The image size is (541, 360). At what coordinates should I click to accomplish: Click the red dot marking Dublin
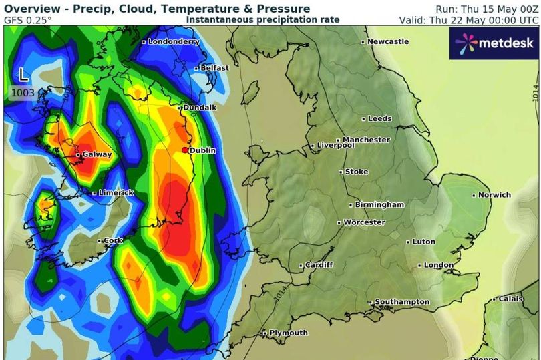[186, 150]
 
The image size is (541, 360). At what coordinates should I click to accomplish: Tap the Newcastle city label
[387, 41]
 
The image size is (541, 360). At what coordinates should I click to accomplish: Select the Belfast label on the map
[214, 68]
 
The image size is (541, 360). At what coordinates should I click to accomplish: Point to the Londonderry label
[173, 41]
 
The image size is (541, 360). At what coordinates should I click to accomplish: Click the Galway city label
[97, 154]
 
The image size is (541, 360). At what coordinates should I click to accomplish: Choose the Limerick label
[116, 193]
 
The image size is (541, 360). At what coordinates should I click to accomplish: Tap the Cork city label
[114, 240]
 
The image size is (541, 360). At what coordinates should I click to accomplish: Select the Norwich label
[494, 195]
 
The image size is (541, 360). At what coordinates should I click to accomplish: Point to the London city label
[438, 265]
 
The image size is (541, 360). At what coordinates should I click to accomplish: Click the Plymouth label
[288, 333]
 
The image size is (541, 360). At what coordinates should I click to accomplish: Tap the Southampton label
[401, 302]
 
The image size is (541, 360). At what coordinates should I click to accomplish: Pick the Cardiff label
[319, 265]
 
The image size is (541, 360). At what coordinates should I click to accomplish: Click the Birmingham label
[379, 204]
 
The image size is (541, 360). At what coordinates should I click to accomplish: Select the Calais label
[510, 299]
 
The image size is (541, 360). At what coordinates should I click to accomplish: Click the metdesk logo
[494, 43]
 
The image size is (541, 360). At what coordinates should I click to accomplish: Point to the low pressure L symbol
[23, 73]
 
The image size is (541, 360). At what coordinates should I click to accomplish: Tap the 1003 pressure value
[23, 92]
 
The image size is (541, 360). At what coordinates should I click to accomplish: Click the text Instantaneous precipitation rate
[262, 20]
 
